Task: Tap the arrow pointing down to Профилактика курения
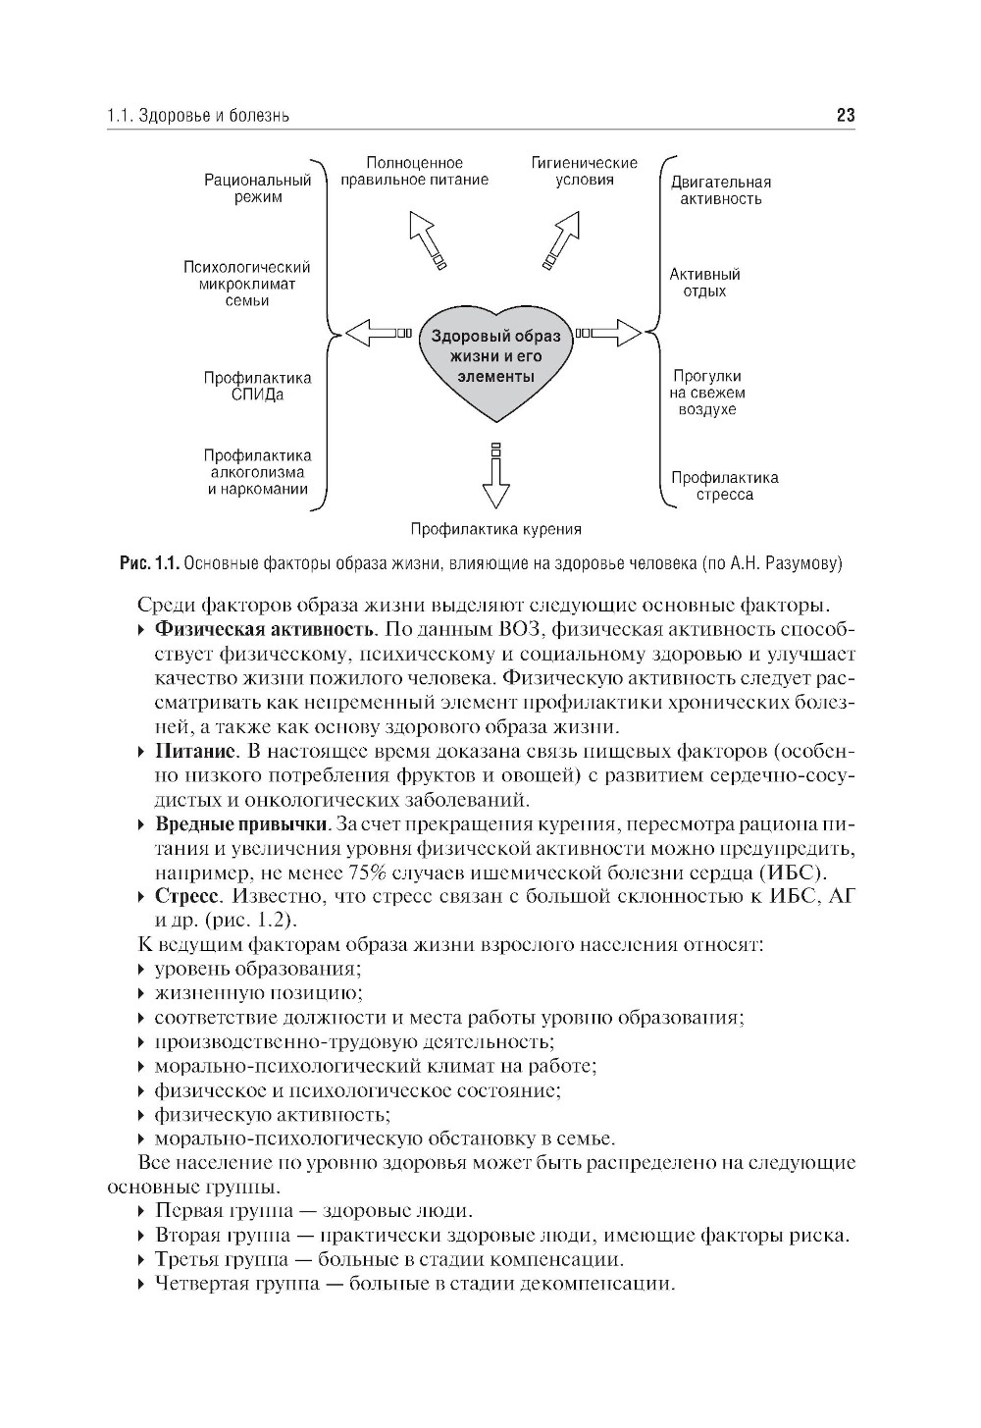(x=496, y=477)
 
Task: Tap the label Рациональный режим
(x=258, y=188)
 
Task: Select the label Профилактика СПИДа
(x=258, y=387)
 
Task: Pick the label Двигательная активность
(x=721, y=190)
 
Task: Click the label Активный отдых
(x=705, y=283)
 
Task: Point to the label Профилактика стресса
(x=725, y=487)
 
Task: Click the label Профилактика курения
(x=496, y=529)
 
